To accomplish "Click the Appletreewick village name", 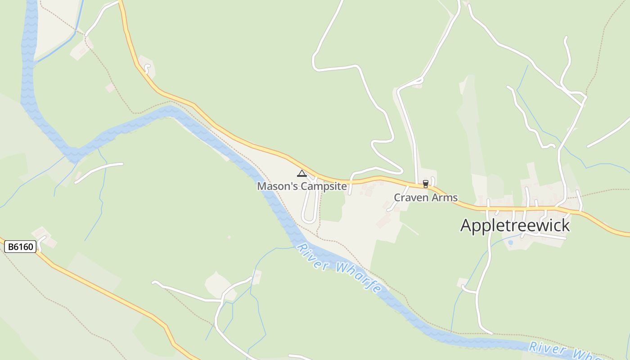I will (515, 225).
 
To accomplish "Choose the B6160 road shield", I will (20, 247).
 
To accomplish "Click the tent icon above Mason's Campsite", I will (301, 174).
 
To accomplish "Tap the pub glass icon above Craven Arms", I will (425, 184).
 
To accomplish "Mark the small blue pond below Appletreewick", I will (510, 242).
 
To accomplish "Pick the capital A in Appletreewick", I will (466, 225).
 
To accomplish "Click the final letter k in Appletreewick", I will (566, 225).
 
